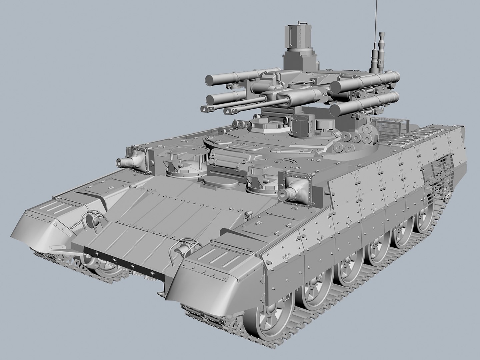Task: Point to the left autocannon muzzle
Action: (204, 109)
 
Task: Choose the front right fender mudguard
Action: (213, 273)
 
